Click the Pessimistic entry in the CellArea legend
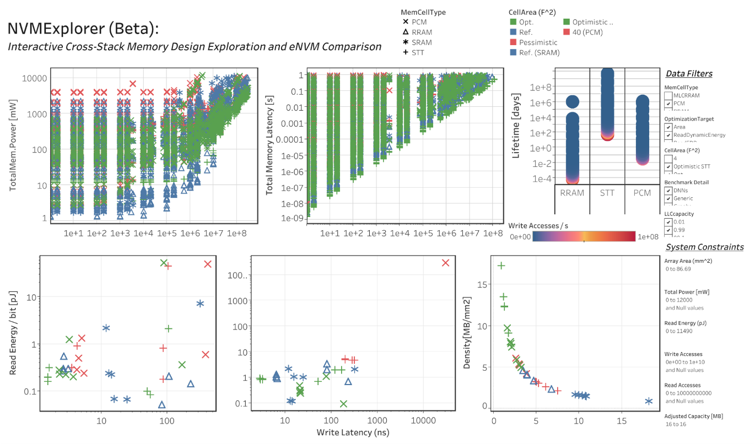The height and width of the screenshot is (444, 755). pyautogui.click(x=538, y=42)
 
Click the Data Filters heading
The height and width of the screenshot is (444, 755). pyautogui.click(x=689, y=74)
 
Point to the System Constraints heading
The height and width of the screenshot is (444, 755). pyautogui.click(x=704, y=247)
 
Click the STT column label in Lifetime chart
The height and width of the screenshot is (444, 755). pyautogui.click(x=607, y=193)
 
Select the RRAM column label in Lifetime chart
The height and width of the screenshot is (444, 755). pyautogui.click(x=571, y=193)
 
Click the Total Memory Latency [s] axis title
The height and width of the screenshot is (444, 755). pyautogui.click(x=270, y=143)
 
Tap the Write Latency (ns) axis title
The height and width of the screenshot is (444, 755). pyautogui.click(x=352, y=432)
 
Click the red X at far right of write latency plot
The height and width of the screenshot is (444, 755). pyautogui.click(x=446, y=263)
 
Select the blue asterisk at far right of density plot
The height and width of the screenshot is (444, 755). pyautogui.click(x=649, y=401)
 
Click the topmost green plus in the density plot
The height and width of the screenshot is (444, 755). pyautogui.click(x=501, y=266)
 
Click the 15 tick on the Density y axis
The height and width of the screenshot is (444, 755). pyautogui.click(x=482, y=284)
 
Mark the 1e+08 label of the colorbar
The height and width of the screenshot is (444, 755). pyautogui.click(x=648, y=236)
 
